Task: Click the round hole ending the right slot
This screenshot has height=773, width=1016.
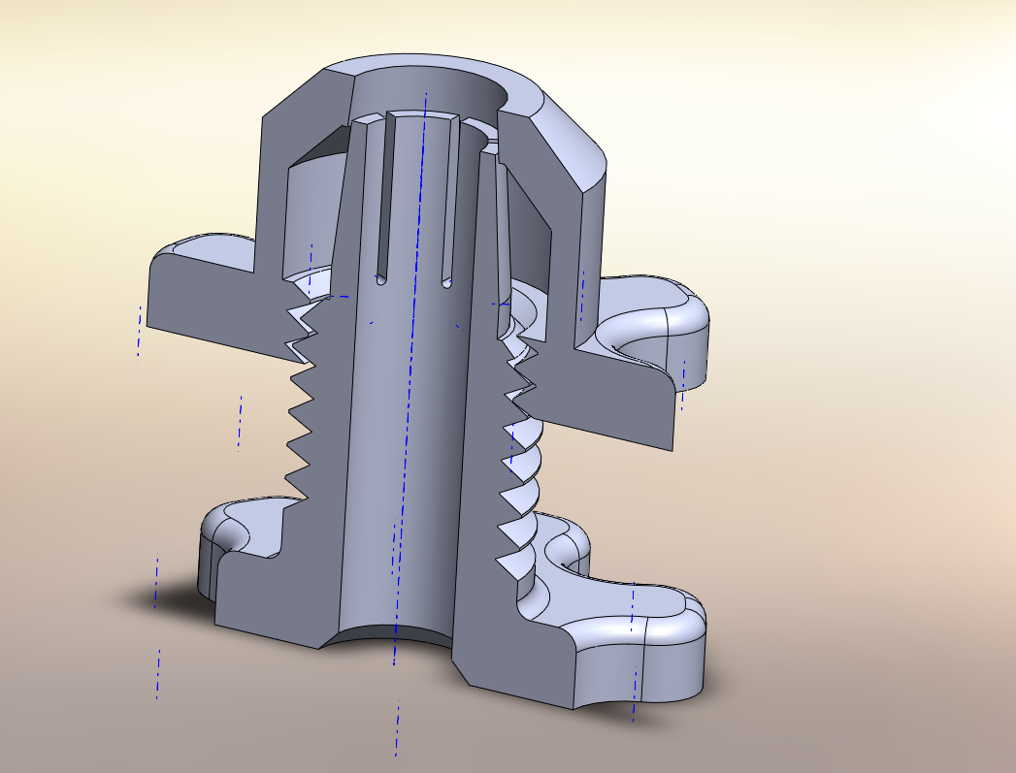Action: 447,284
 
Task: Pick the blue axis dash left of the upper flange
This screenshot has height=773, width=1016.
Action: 139,331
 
